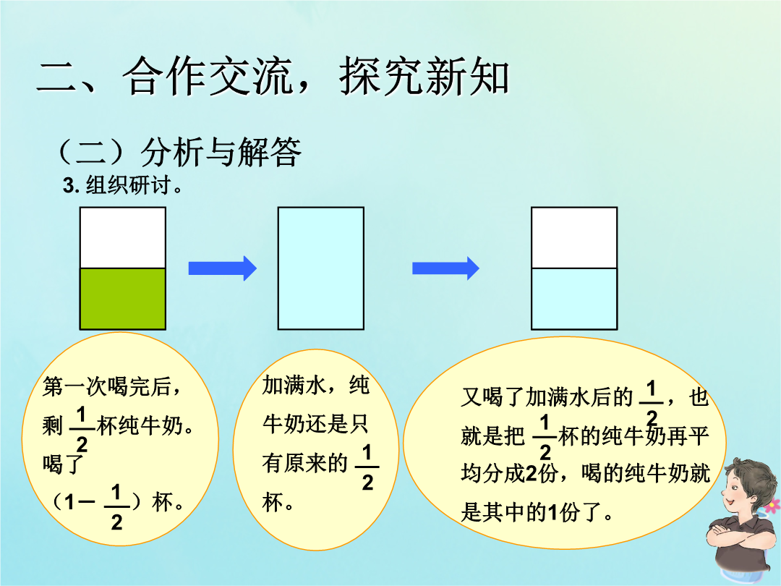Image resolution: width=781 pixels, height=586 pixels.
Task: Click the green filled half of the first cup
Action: click(x=122, y=299)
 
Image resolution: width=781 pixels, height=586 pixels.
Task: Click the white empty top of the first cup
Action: click(x=122, y=238)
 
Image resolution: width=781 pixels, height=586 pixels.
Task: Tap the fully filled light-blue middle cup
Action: click(x=321, y=268)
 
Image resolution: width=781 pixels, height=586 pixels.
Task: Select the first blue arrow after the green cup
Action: click(x=222, y=268)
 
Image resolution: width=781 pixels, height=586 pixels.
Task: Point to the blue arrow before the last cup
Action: click(x=445, y=268)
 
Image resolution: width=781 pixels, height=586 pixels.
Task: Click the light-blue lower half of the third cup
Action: click(x=574, y=299)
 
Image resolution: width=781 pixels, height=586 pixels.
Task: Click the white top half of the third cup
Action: click(x=574, y=238)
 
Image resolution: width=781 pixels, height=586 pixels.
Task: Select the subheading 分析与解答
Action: click(x=221, y=152)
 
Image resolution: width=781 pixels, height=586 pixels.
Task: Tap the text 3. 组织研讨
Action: click(x=122, y=185)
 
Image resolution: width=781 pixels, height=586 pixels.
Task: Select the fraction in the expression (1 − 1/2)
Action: click(x=116, y=507)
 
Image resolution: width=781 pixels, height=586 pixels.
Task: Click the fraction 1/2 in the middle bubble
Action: click(x=367, y=467)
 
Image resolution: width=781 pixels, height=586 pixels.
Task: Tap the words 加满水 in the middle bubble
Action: click(x=294, y=385)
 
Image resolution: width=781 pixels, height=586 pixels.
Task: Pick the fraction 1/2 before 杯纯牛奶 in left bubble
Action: click(x=82, y=429)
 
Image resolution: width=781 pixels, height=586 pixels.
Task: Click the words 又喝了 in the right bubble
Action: click(x=492, y=397)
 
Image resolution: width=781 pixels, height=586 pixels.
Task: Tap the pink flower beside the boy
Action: click(x=772, y=505)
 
